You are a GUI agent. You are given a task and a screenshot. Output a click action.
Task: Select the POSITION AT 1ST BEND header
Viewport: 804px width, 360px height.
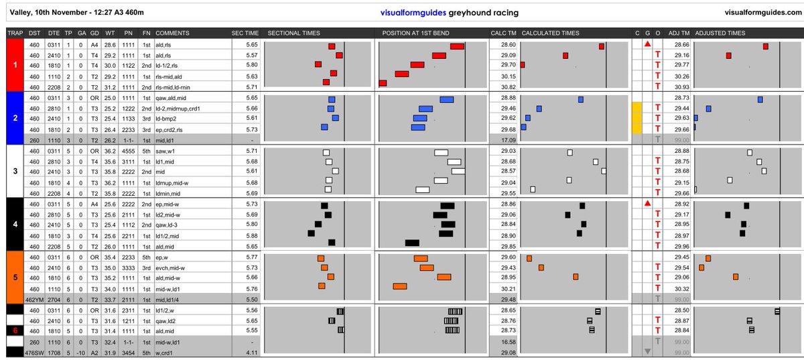pyautogui.click(x=415, y=33)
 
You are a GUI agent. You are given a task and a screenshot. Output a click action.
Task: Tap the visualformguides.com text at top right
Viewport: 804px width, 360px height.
pyautogui.click(x=763, y=12)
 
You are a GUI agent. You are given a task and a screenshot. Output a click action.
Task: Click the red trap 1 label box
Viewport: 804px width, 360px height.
pyautogui.click(x=15, y=65)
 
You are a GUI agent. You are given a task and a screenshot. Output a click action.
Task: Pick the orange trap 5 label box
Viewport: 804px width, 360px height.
pyautogui.click(x=15, y=278)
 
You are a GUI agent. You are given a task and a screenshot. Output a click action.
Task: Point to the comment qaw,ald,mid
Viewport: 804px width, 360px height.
pyautogui.click(x=171, y=98)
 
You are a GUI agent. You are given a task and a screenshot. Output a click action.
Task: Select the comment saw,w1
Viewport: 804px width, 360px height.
pyautogui.click(x=165, y=152)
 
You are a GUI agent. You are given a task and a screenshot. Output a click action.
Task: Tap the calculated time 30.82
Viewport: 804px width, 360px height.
pyautogui.click(x=509, y=87)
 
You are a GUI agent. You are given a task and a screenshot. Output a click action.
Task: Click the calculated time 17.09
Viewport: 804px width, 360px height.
pyautogui.click(x=509, y=140)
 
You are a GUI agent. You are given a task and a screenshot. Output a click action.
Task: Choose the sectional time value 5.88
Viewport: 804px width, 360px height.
pyautogui.click(x=252, y=236)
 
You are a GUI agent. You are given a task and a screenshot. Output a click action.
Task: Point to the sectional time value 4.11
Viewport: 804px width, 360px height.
pyautogui.click(x=252, y=353)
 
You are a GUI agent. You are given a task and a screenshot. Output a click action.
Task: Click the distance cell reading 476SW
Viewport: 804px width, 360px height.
pyautogui.click(x=34, y=353)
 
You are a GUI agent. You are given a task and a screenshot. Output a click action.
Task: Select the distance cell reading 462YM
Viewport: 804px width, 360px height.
pyautogui.click(x=34, y=300)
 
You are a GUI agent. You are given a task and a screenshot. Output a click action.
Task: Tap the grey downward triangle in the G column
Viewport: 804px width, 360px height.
pyautogui.click(x=647, y=351)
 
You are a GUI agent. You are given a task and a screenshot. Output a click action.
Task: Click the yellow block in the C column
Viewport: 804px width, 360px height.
pyautogui.click(x=636, y=118)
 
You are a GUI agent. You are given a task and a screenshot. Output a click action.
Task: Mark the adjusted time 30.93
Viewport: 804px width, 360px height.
pyautogui.click(x=681, y=87)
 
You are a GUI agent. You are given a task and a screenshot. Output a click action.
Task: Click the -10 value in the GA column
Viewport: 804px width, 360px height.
pyautogui.click(x=81, y=353)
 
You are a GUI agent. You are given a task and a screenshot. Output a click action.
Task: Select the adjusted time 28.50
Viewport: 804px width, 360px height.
pyautogui.click(x=681, y=310)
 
